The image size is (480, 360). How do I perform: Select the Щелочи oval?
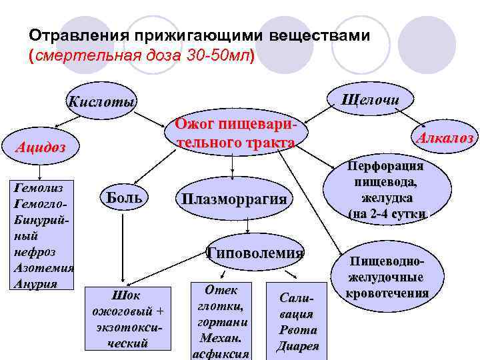click(x=369, y=100)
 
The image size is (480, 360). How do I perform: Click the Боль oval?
click(x=125, y=197)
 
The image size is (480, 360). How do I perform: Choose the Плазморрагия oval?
click(x=233, y=199)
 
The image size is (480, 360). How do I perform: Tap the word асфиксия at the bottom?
click(x=220, y=353)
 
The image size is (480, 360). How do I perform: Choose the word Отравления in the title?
click(x=73, y=33)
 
